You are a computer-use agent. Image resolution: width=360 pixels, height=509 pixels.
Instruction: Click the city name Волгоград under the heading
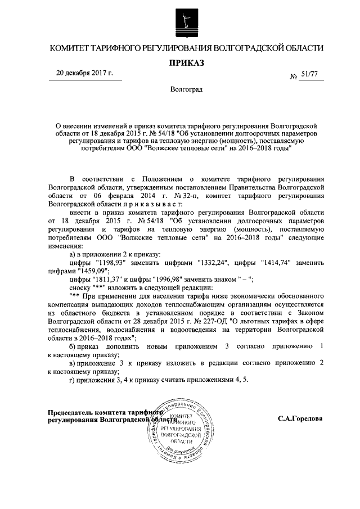pyautogui.click(x=186, y=89)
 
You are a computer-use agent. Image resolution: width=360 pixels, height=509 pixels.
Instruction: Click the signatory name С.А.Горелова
pyautogui.click(x=301, y=419)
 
